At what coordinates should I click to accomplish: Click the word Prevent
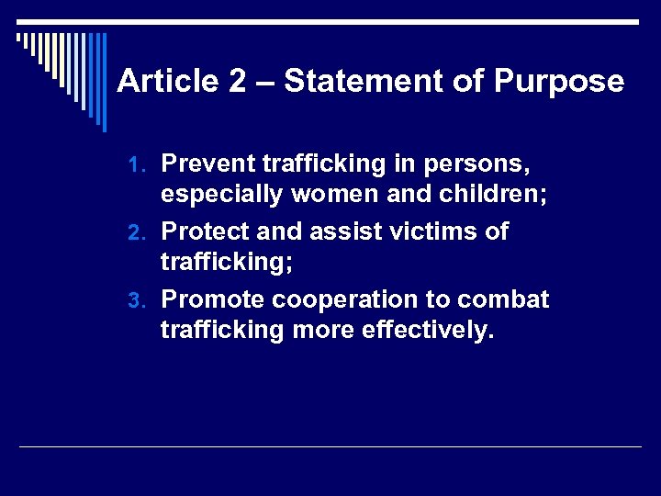click(208, 164)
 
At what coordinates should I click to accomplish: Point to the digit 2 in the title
click(237, 82)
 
